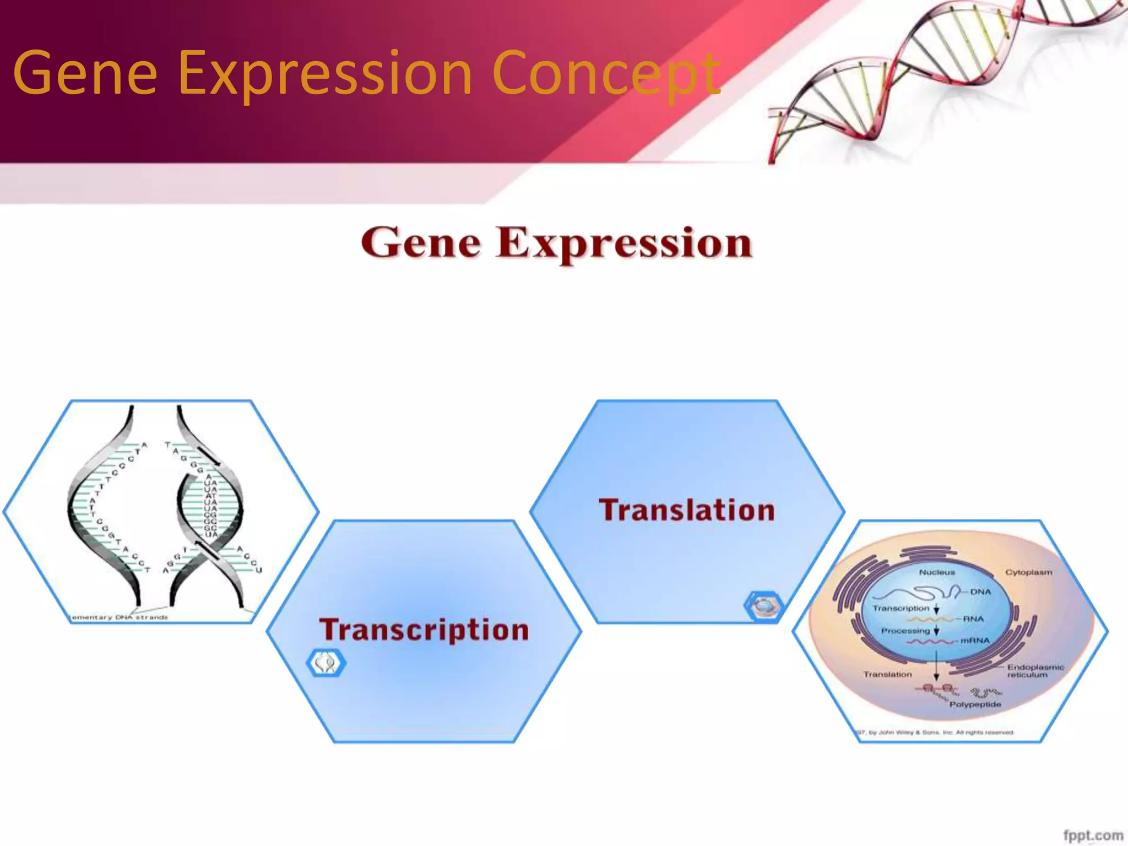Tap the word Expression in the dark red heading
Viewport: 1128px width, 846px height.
[623, 243]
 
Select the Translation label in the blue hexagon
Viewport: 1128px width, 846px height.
[687, 510]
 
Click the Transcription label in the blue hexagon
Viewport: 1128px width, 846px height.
[424, 630]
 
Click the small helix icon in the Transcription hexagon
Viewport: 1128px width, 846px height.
[326, 663]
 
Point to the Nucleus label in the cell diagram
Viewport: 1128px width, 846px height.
[937, 572]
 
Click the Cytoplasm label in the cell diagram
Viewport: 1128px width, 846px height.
[1028, 572]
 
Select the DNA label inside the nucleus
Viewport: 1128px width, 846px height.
[980, 592]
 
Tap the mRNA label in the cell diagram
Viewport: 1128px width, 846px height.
[975, 641]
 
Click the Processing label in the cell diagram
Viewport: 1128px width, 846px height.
[905, 631]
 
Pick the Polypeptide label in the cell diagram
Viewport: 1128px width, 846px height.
[975, 704]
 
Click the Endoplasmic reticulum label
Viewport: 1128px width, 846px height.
[1035, 671]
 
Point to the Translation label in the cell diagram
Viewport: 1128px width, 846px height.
[887, 674]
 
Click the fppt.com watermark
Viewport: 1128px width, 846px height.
[1093, 835]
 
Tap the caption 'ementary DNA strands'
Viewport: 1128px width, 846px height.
[120, 617]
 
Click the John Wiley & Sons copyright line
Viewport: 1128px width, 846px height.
[936, 733]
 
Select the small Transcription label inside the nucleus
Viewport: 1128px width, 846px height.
[901, 609]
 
